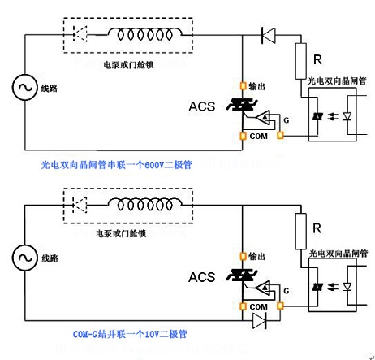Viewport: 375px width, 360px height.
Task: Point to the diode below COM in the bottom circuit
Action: click(260, 321)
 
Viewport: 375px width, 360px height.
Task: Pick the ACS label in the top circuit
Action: click(202, 106)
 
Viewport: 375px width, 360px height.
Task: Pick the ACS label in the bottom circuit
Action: click(202, 277)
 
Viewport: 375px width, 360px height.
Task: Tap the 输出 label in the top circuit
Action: click(257, 85)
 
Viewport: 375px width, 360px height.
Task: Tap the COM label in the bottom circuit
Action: click(258, 306)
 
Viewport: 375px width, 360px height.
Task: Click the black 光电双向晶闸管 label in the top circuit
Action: click(337, 81)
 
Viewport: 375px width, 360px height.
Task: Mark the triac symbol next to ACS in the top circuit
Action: click(242, 106)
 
